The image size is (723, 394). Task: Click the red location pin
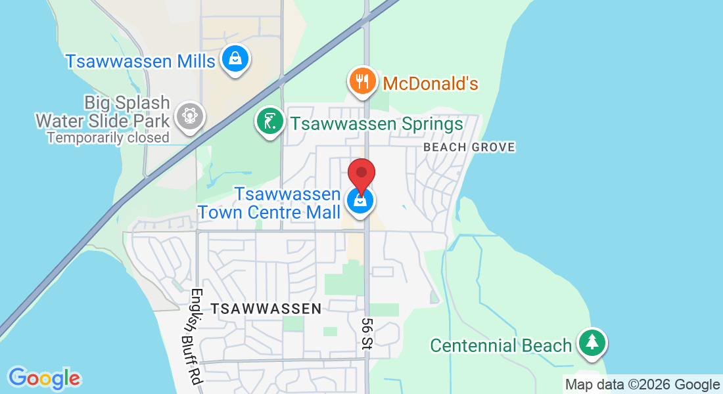361,173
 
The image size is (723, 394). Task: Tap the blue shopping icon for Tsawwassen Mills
235,58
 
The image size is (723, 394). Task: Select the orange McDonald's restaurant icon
361,81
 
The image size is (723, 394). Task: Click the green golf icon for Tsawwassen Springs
269,121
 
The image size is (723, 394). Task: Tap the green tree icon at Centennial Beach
592,342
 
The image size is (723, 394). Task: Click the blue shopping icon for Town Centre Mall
360,200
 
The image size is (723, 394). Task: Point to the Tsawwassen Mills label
140,61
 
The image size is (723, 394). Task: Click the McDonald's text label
430,83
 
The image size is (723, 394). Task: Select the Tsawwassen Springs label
377,123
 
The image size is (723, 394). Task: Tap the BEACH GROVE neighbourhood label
469,147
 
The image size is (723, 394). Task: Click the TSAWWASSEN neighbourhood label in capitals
266,308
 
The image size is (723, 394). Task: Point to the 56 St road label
367,333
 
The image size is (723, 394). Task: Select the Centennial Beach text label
501,345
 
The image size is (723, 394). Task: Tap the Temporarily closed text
108,138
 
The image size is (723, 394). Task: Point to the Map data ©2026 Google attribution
642,385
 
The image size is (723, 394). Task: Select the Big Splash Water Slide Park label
103,112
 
